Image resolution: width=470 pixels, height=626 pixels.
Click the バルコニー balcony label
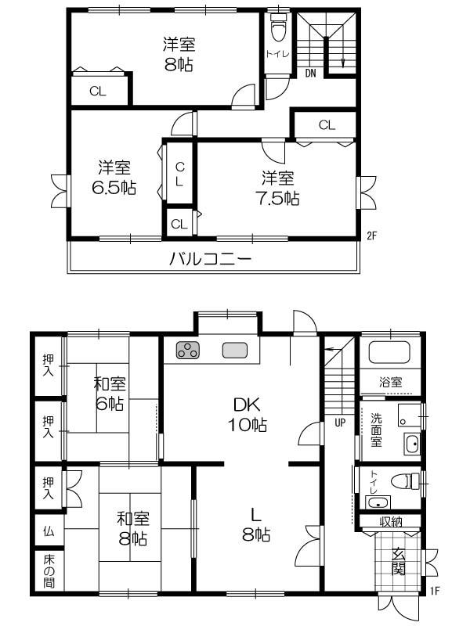pyautogui.click(x=211, y=259)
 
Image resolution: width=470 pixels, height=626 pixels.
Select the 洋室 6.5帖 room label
pyautogui.click(x=114, y=177)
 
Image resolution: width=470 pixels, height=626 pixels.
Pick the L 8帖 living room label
pyautogui.click(x=255, y=524)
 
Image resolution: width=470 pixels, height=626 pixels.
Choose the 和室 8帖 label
pyautogui.click(x=132, y=528)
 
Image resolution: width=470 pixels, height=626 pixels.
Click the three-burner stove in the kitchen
pyautogui.click(x=189, y=351)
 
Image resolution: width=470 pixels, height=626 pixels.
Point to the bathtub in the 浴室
pyautogui.click(x=389, y=354)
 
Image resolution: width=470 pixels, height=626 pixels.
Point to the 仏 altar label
pyautogui.click(x=49, y=531)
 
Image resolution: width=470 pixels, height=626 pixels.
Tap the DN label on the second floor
pyautogui.click(x=310, y=74)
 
